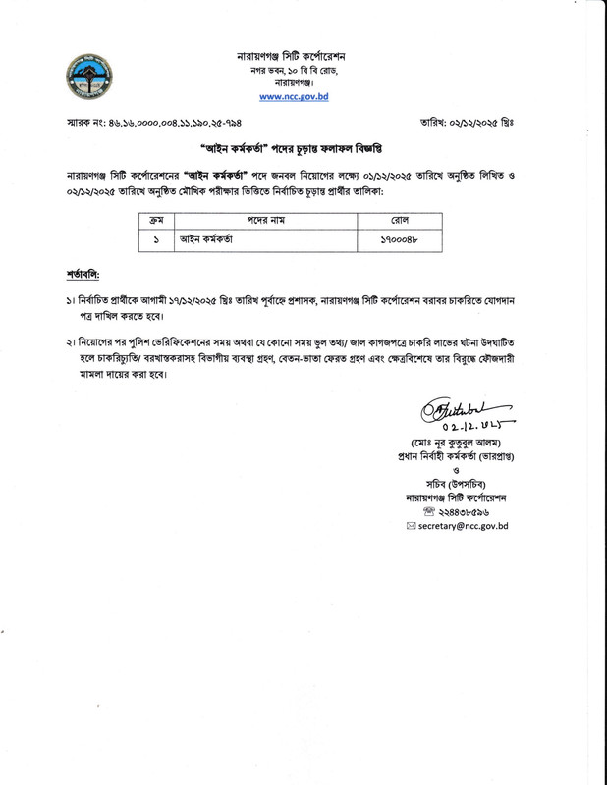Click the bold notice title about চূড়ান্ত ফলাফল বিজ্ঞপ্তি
[x=302, y=161]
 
